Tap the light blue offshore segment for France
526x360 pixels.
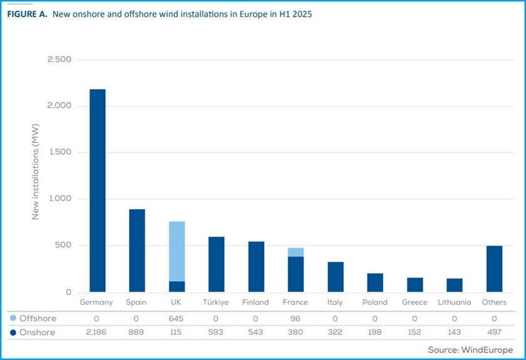pyautogui.click(x=296, y=252)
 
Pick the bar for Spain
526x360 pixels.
pyautogui.click(x=137, y=250)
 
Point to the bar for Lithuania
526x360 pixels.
pyautogui.click(x=454, y=285)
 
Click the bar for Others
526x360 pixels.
pyautogui.click(x=494, y=269)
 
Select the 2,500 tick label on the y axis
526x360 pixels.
pyautogui.click(x=59, y=59)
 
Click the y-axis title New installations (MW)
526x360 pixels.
pyautogui.click(x=36, y=177)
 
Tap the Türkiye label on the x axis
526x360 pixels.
pyautogui.click(x=216, y=302)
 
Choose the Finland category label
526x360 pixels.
pyautogui.click(x=255, y=302)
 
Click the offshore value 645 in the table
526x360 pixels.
pyautogui.click(x=176, y=319)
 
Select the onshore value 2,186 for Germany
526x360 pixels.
pyautogui.click(x=96, y=332)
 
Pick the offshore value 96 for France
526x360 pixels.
pyautogui.click(x=295, y=319)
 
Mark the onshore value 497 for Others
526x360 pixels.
pyautogui.click(x=494, y=332)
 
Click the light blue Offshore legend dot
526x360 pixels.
pyautogui.click(x=13, y=319)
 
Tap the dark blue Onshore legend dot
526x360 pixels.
pyautogui.click(x=13, y=332)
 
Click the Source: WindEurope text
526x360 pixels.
pyautogui.click(x=470, y=349)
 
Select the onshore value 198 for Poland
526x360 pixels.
pyautogui.click(x=374, y=332)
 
